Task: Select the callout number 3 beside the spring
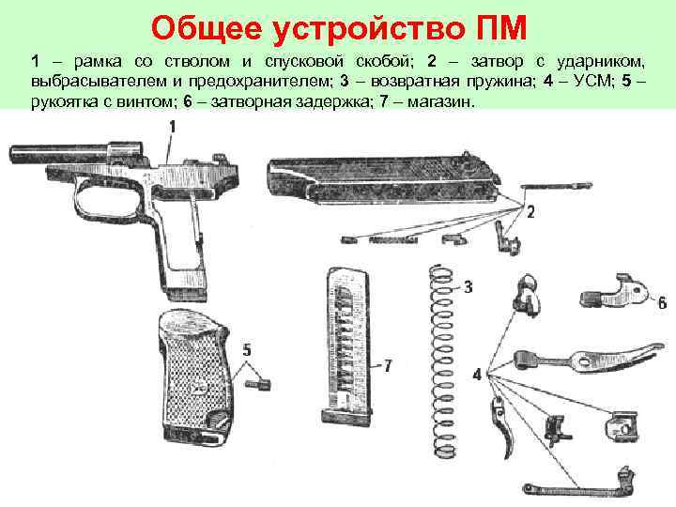pos(468,285)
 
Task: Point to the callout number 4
pos(478,374)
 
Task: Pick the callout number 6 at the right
pos(662,302)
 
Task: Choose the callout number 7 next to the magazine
pos(388,364)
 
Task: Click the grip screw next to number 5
pos(258,382)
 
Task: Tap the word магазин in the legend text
pos(441,100)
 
